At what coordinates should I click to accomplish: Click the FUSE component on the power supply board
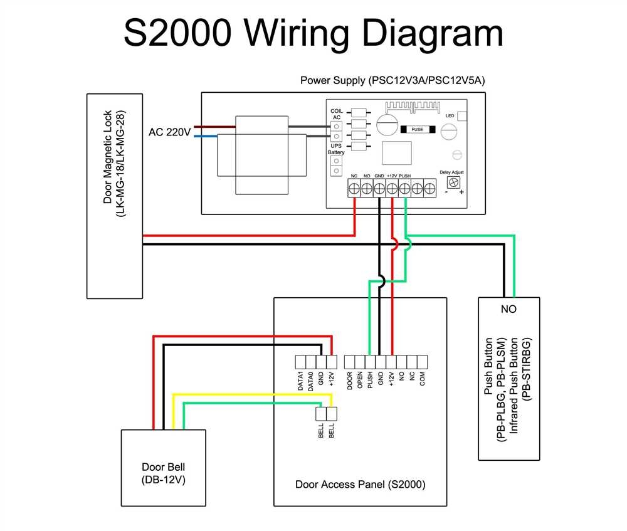[416, 130]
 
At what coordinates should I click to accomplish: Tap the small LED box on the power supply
[463, 116]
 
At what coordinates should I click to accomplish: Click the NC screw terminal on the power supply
[354, 187]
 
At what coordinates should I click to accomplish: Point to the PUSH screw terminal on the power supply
[404, 187]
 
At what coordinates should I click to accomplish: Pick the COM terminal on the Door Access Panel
[422, 361]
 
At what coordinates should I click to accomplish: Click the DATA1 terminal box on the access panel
[300, 361]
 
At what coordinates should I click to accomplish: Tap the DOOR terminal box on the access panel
[350, 361]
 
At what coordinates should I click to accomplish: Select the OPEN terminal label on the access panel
[360, 381]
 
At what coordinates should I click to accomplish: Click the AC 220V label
[169, 132]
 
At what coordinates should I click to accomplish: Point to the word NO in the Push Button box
[508, 309]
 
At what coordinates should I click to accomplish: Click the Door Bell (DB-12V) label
[163, 473]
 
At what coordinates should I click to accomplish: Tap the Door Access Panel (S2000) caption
[360, 485]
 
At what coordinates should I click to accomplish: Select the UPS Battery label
[336, 149]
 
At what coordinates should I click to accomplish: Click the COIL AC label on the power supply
[336, 114]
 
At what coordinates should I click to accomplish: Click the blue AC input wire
[207, 135]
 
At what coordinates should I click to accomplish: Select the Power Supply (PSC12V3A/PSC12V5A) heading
[393, 80]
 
